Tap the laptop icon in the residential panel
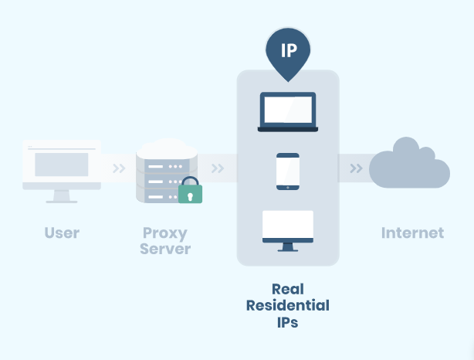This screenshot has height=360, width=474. coord(287,112)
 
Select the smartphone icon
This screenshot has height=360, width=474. coord(288,171)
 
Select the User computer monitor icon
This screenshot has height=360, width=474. coord(62,171)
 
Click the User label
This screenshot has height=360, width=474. coord(62,233)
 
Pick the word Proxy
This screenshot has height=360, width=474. coord(165,233)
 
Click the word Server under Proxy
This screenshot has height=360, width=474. coord(165,249)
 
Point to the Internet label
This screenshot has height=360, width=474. coord(412,233)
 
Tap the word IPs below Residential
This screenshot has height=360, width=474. coord(288,322)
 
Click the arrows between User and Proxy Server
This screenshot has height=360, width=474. coord(118,168)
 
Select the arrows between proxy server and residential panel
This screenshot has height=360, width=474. coord(218,168)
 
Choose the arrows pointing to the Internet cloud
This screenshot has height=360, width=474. coord(356,168)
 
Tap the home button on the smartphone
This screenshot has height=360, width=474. coord(288,185)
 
